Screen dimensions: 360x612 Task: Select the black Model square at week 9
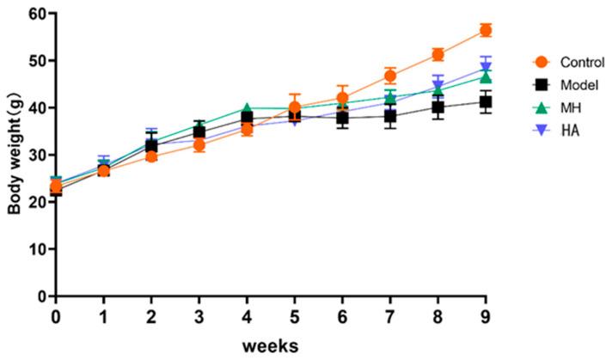coord(486,102)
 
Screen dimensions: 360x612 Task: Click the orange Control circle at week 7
coord(390,76)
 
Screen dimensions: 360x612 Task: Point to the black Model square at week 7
coord(390,116)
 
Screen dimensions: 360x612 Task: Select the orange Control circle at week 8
coord(438,54)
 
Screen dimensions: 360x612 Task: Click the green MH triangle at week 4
coord(247,108)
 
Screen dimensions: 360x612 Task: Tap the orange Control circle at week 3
coord(199,145)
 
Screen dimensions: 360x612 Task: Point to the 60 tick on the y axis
coord(38,14)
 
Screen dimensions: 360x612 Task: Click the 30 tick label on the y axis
coord(38,155)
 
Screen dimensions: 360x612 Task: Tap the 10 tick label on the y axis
coord(38,249)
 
